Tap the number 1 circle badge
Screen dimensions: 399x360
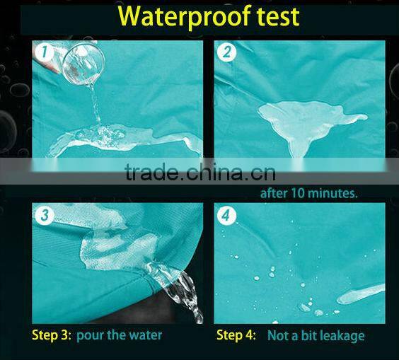click(45, 52)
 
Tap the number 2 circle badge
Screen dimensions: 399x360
click(226, 52)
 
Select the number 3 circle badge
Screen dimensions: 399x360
click(45, 215)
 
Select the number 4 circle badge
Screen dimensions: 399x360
click(226, 215)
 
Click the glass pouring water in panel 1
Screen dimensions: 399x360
click(83, 64)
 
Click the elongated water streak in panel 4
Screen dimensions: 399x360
click(361, 294)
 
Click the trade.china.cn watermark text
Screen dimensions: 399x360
click(200, 171)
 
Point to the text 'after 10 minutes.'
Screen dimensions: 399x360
click(309, 193)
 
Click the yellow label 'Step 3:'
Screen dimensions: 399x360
click(52, 335)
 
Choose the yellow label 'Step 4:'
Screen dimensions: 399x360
click(236, 335)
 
